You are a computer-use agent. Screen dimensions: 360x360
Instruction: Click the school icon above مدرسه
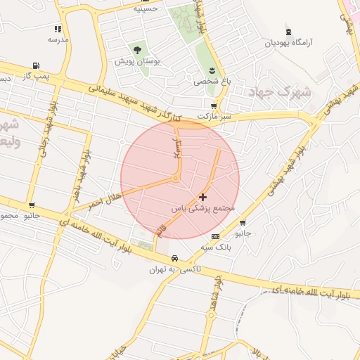coord(58,29)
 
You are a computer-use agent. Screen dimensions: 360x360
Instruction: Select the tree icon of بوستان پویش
coord(137,50)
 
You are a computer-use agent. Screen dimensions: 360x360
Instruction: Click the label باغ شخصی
coord(212,81)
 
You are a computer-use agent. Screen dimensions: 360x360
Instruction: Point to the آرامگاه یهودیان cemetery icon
coord(288,32)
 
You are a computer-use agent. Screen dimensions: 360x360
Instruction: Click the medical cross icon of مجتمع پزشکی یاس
coord(204,198)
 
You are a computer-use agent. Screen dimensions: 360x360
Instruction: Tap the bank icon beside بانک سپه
coord(214,236)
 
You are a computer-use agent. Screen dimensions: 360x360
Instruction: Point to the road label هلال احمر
coord(105,198)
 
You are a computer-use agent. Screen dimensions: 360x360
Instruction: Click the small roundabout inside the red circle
coord(175,179)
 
